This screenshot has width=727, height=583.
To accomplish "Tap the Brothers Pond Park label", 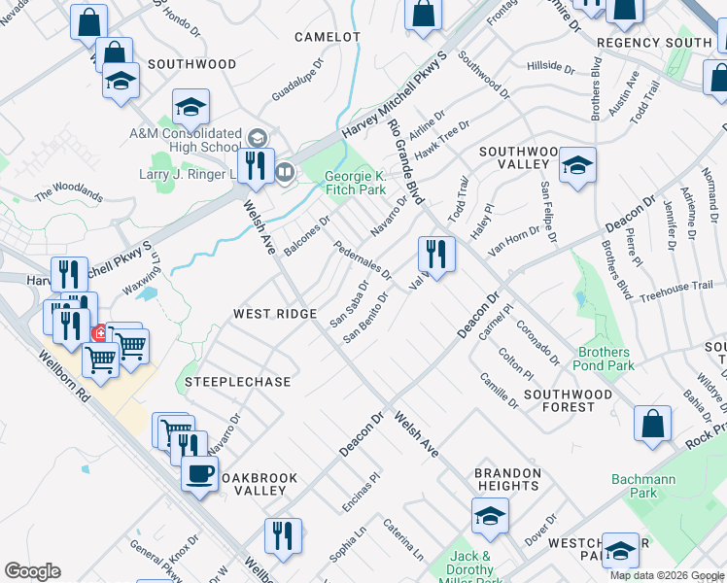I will point(606,359).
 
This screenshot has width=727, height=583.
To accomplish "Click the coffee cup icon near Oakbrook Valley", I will point(200,475).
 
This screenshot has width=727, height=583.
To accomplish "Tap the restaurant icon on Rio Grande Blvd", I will point(436,255).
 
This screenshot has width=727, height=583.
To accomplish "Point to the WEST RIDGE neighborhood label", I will point(275,314).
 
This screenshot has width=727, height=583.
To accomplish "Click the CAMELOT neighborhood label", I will point(329,37).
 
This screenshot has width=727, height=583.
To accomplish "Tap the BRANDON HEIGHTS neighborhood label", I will point(507,479).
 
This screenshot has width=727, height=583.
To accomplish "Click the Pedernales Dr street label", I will point(362,259).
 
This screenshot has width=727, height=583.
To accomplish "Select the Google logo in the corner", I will point(32,571).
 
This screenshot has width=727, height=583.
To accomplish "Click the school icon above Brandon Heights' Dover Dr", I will point(490,515).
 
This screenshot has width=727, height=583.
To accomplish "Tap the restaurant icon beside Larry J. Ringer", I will point(257,166).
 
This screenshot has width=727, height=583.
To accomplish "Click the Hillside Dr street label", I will point(551,66).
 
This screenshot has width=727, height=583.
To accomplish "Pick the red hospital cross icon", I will point(99,333).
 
